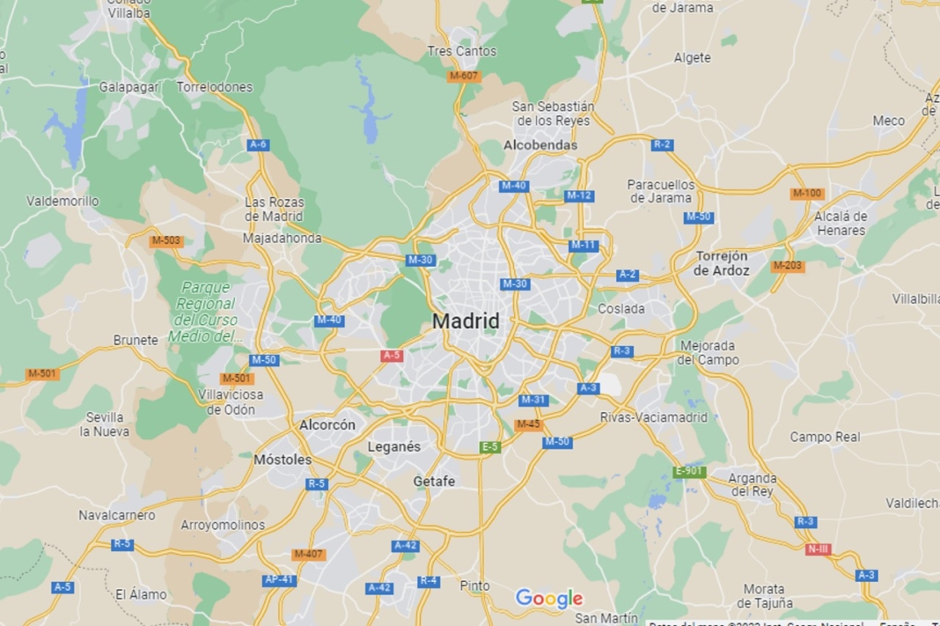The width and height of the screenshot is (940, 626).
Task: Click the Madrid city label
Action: tap(466, 321)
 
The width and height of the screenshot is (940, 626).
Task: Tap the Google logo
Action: tap(549, 599)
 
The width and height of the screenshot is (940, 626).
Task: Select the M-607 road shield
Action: tap(464, 76)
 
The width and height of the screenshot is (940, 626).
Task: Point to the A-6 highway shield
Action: tap(258, 144)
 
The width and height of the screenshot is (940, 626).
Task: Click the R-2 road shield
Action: tap(662, 144)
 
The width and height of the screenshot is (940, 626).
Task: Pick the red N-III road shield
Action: tap(818, 549)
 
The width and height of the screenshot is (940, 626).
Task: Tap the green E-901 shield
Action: tap(689, 472)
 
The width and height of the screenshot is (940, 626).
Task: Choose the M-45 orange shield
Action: tap(528, 424)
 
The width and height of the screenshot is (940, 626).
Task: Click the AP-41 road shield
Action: tap(279, 580)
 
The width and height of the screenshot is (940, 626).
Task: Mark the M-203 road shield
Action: tap(788, 266)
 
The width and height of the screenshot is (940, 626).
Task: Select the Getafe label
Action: tap(435, 482)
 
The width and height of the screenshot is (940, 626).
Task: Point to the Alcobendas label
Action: tap(540, 145)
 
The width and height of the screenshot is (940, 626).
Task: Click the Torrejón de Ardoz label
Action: tap(722, 263)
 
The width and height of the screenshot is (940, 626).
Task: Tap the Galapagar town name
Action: tap(129, 87)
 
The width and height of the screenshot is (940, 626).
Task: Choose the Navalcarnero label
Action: tap(117, 515)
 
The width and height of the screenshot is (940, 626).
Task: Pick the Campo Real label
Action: tap(825, 437)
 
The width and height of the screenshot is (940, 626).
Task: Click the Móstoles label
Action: tap(283, 460)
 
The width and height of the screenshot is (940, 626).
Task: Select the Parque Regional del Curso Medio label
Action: tap(205, 312)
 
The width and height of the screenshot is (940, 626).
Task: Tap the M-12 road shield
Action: tap(579, 195)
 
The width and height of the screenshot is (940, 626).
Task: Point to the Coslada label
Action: tap(621, 309)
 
